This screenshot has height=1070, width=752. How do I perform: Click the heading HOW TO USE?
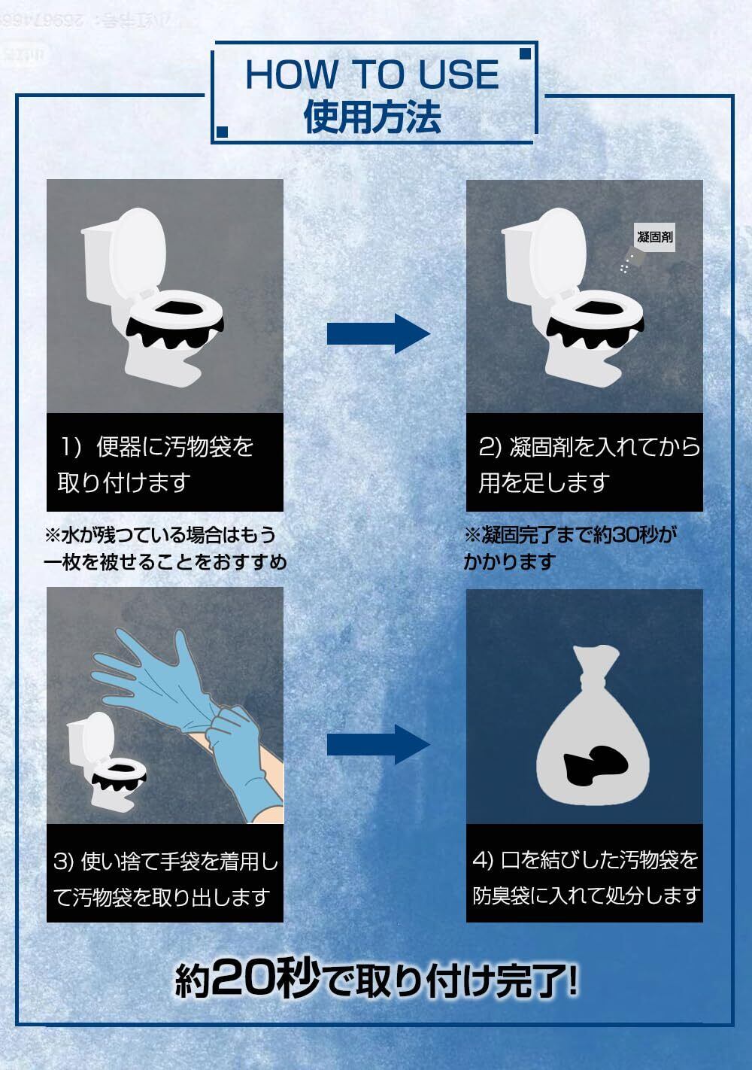pyautogui.click(x=372, y=74)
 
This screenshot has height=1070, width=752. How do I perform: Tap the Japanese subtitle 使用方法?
pyautogui.click(x=372, y=117)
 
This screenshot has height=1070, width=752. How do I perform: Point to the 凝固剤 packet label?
pyautogui.click(x=654, y=237)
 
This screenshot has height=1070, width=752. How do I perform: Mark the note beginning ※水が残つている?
pyautogui.click(x=165, y=548)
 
